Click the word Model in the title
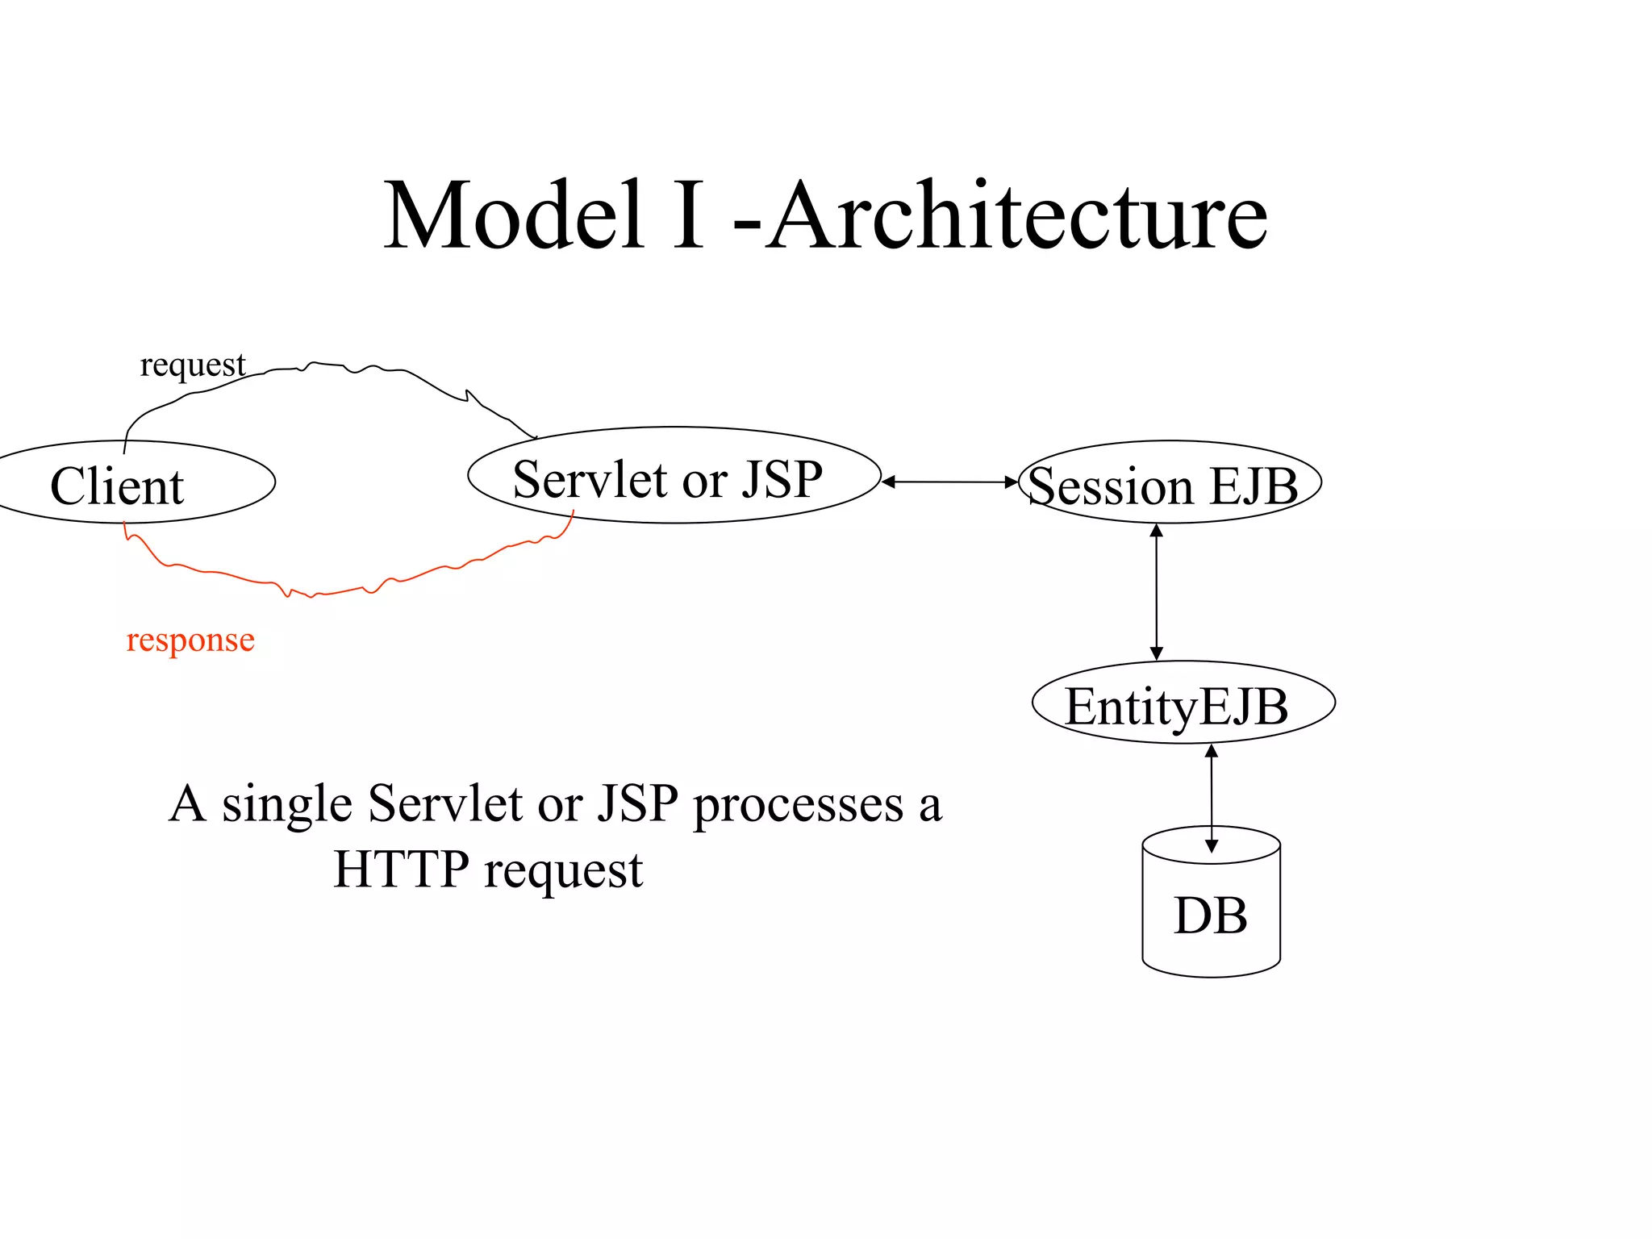click(514, 216)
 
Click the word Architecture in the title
click(1018, 216)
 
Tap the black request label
click(192, 365)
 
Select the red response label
click(190, 640)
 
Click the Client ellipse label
click(118, 486)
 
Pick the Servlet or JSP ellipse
click(674, 476)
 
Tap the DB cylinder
click(1211, 916)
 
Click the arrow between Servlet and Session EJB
click(949, 482)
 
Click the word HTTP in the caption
click(401, 870)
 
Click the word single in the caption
click(287, 804)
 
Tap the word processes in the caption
click(799, 804)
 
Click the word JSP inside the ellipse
click(782, 478)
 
